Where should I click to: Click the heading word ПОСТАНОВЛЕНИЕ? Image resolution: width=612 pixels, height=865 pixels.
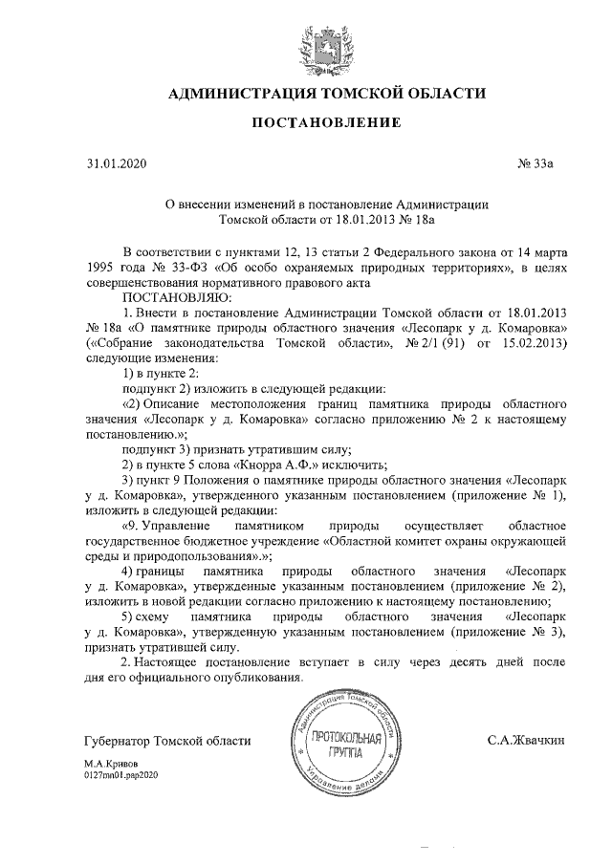[326, 123]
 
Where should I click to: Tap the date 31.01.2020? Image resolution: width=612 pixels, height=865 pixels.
[114, 164]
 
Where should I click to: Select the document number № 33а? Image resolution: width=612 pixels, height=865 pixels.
[535, 164]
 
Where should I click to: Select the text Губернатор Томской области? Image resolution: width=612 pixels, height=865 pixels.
[167, 741]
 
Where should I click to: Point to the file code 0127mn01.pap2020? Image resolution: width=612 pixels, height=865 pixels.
[120, 776]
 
